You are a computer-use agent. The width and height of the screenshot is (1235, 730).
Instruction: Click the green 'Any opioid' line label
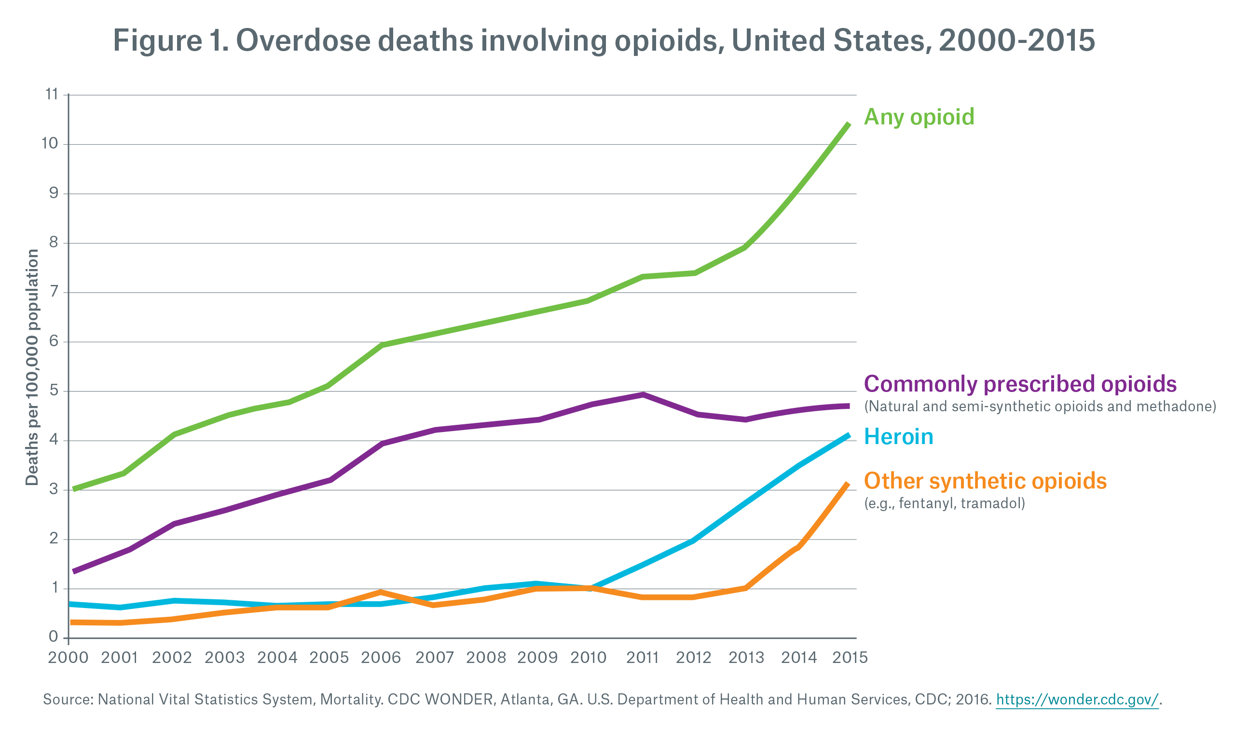(x=919, y=117)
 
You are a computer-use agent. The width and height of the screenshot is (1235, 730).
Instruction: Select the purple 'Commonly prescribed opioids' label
(x=1020, y=384)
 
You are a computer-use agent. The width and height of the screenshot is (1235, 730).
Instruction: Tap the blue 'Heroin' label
(x=898, y=437)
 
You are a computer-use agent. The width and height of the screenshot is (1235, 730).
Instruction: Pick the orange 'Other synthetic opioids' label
(x=985, y=481)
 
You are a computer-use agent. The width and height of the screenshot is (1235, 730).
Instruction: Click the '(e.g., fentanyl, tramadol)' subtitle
(x=944, y=503)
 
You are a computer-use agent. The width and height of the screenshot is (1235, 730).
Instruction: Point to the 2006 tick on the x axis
(x=381, y=658)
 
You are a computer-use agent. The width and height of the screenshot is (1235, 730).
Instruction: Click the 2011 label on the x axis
(x=642, y=658)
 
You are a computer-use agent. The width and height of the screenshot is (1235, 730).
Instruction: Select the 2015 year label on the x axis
(x=850, y=658)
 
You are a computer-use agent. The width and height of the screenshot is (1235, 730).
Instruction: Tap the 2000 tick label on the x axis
(x=68, y=658)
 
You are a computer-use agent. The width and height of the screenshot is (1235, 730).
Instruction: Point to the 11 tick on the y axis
(x=52, y=94)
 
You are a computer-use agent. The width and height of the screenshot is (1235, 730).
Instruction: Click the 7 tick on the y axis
(x=54, y=292)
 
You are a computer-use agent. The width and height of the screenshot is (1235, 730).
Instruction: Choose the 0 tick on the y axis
(x=53, y=637)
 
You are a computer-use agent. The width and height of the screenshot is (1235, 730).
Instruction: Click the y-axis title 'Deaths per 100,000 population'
(x=32, y=367)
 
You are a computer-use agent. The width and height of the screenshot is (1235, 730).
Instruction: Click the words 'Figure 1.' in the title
(x=157, y=41)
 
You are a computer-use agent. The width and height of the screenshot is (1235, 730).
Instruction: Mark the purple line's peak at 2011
(x=643, y=394)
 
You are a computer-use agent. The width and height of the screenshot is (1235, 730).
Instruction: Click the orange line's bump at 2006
(x=381, y=592)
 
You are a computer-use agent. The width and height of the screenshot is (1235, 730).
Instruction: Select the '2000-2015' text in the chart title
(x=1016, y=41)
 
